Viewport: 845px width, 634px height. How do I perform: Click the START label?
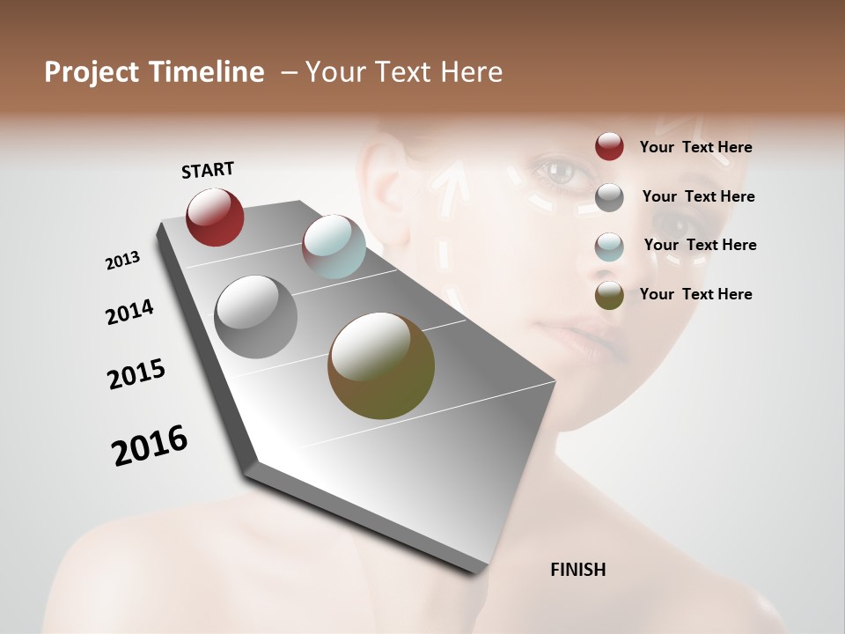pos(208,170)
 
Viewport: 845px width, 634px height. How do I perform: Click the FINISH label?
pos(577,570)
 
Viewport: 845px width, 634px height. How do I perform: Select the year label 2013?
pos(122,260)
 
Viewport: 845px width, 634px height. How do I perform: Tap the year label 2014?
pos(129,312)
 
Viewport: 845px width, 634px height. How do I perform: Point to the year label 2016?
pos(150,446)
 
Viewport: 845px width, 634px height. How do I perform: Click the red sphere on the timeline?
pos(215,217)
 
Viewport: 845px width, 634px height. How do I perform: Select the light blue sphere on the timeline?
pos(334,247)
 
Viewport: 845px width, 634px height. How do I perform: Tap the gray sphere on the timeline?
pos(255,316)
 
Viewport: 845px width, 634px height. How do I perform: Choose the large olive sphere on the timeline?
pos(381,365)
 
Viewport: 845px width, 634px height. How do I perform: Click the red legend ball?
pos(609,147)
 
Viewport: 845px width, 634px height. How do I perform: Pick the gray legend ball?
pos(609,197)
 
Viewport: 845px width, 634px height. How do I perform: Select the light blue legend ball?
pos(609,246)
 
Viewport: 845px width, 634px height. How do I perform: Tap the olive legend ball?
pos(609,295)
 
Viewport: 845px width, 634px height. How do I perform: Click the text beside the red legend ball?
pos(695,148)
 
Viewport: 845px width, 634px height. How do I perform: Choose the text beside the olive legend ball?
pos(695,294)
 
